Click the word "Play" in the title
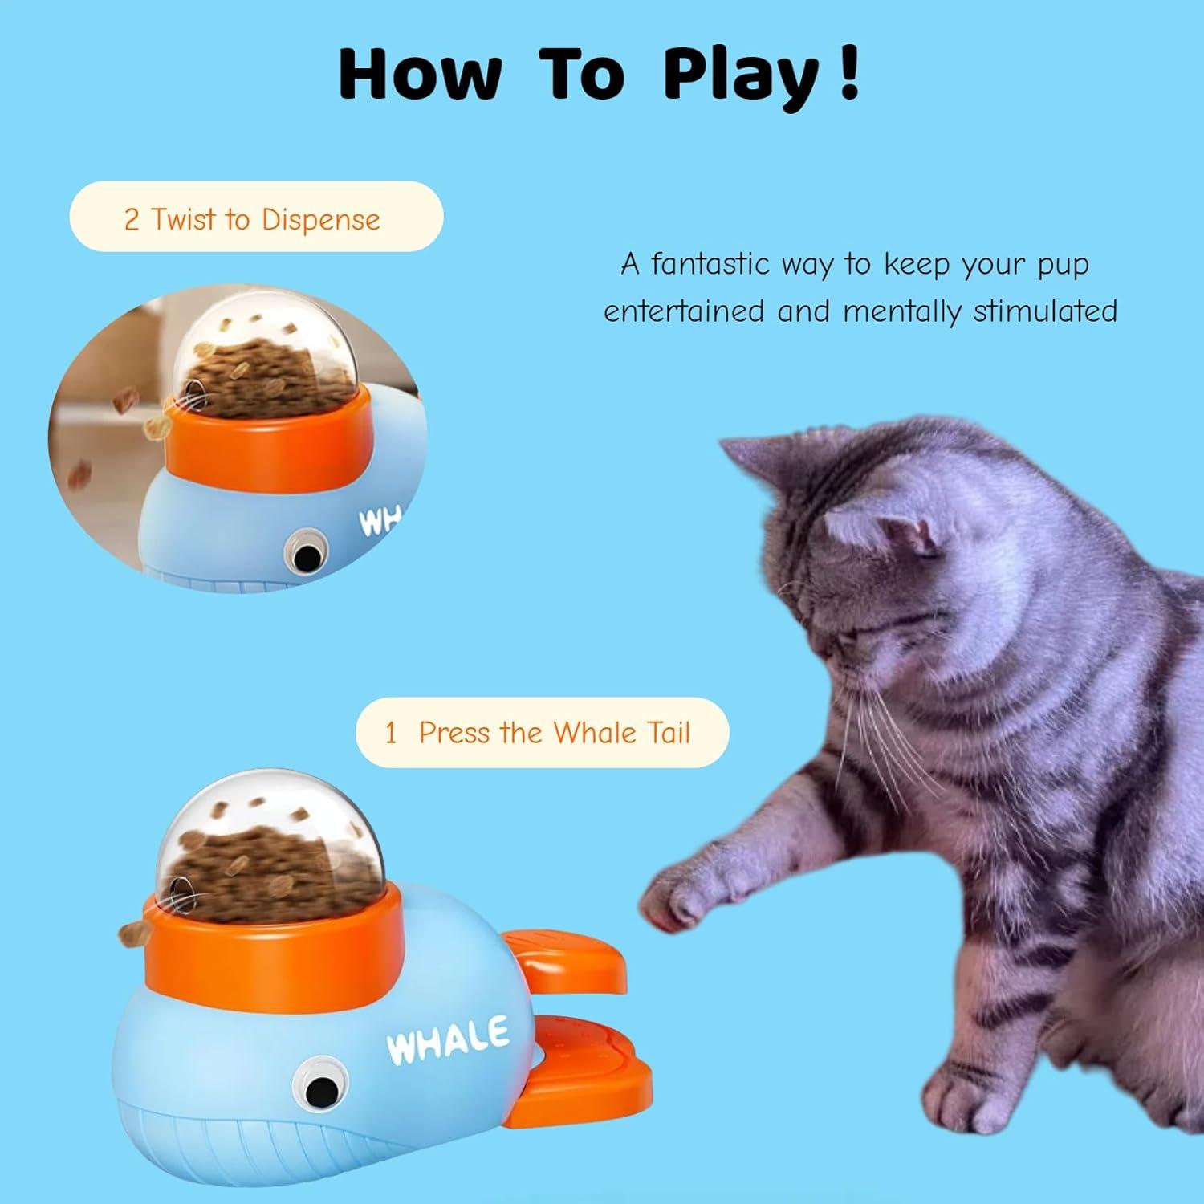(x=738, y=75)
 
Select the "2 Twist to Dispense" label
(x=256, y=218)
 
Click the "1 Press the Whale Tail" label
(x=542, y=732)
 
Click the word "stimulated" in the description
(x=1044, y=311)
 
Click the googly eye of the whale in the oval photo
(x=303, y=554)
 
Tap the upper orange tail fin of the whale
(x=570, y=959)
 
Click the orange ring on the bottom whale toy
(x=273, y=947)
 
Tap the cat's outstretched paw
(x=682, y=899)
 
